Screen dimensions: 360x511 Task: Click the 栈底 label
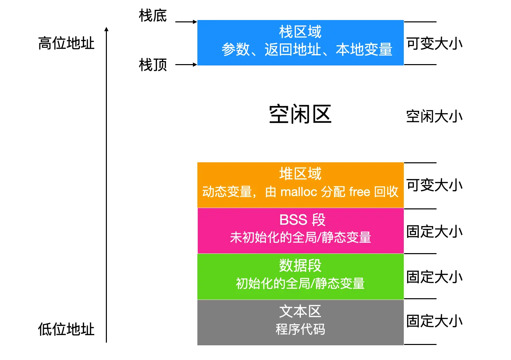[153, 16]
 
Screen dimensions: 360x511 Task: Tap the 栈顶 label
[153, 65]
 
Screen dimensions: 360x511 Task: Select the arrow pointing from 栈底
[186, 22]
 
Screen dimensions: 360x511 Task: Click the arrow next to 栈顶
[186, 64]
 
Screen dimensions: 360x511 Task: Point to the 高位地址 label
[66, 43]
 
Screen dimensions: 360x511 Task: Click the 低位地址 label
[66, 329]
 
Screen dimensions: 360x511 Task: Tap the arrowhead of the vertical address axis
[107, 29]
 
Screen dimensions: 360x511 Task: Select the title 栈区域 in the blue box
[300, 32]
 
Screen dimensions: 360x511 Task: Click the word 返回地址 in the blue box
[293, 50]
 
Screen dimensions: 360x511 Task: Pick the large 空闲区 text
[300, 114]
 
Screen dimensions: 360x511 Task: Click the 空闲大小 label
[434, 117]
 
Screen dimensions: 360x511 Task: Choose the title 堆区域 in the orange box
[300, 174]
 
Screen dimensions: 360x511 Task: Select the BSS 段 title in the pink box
[302, 220]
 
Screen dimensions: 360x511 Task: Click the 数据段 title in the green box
[300, 266]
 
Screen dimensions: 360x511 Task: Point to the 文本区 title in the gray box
[300, 312]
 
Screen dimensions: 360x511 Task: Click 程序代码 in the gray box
[300, 330]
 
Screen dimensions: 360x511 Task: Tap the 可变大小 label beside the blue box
[434, 44]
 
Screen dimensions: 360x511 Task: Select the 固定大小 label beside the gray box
[434, 321]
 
